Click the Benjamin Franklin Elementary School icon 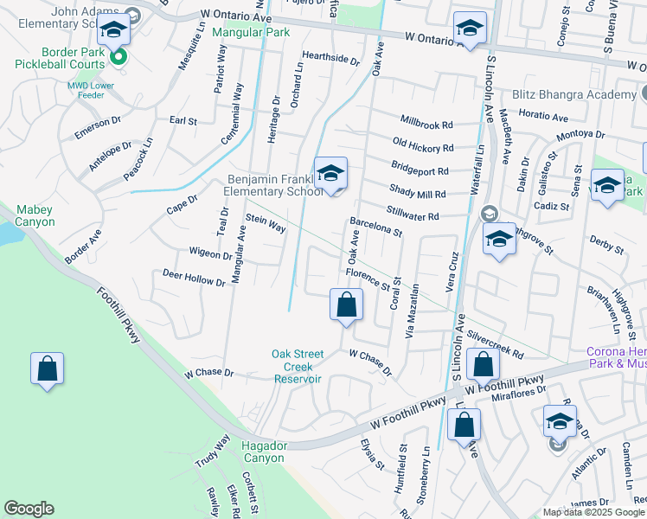[x=330, y=175]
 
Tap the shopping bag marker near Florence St [x=346, y=305]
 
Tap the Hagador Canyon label [x=263, y=451]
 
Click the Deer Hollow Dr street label [x=194, y=277]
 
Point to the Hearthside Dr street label [x=330, y=57]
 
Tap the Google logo [x=29, y=509]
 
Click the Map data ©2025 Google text [x=593, y=512]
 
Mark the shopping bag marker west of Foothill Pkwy [x=47, y=368]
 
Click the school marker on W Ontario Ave [x=469, y=29]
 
